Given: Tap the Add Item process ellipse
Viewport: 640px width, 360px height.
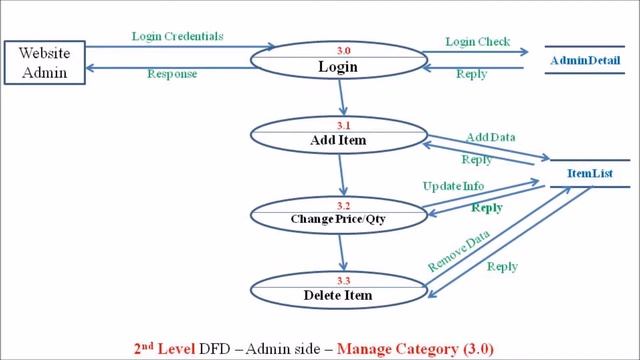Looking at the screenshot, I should (338, 135).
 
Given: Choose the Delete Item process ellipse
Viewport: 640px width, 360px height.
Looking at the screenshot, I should (338, 289).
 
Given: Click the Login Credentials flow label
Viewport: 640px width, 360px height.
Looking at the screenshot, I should (177, 36).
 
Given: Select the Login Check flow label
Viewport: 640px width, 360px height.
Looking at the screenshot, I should (475, 42).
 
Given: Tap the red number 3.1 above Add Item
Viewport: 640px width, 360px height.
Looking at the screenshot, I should (338, 125).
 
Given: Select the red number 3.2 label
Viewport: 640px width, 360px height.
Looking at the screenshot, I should (338, 202).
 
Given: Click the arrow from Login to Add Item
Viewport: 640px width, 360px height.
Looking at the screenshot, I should (342, 97).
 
